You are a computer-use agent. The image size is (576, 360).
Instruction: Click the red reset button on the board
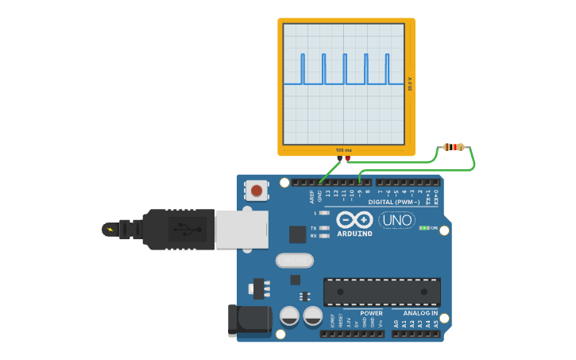[x=257, y=191]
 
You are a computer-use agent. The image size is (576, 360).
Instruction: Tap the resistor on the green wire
[x=454, y=147]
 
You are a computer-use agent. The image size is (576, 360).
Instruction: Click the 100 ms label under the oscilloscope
[x=343, y=150]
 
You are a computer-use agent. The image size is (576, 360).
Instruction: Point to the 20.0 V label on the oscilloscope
[x=410, y=83]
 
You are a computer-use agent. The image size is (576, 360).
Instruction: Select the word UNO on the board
[x=397, y=220]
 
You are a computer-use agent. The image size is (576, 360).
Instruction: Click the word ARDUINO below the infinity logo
[x=354, y=234]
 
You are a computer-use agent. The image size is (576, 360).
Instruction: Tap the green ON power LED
[x=423, y=228]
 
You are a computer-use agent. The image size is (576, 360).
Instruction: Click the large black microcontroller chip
[x=381, y=292]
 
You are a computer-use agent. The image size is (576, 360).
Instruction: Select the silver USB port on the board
[x=242, y=230]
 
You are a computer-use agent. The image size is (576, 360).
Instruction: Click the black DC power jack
[x=249, y=319]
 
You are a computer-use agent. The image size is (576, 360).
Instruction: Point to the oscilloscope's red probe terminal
[x=347, y=158]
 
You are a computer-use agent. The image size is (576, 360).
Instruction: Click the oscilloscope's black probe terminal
[x=340, y=158]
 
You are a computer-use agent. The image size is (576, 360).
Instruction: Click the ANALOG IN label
[x=419, y=313]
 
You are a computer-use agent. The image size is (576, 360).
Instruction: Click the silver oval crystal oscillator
[x=295, y=261]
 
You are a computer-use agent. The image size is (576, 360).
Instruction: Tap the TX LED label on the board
[x=314, y=228]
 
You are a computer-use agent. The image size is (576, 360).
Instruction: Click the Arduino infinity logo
[x=354, y=219]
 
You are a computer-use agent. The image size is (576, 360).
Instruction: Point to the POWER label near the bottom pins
[x=371, y=313]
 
